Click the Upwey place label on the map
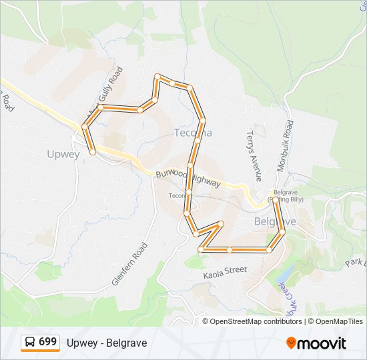(x=63, y=154)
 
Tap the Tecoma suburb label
(x=193, y=132)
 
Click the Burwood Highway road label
(x=188, y=177)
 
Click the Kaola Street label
(x=225, y=271)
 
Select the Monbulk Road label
(x=285, y=146)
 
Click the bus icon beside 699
(x=30, y=343)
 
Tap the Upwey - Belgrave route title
(x=107, y=343)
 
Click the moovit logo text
(x=322, y=343)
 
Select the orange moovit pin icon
(x=292, y=343)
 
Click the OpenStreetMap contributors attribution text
(x=256, y=321)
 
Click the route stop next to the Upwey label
(x=93, y=152)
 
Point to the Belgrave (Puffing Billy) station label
(x=284, y=195)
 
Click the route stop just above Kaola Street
(x=230, y=250)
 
